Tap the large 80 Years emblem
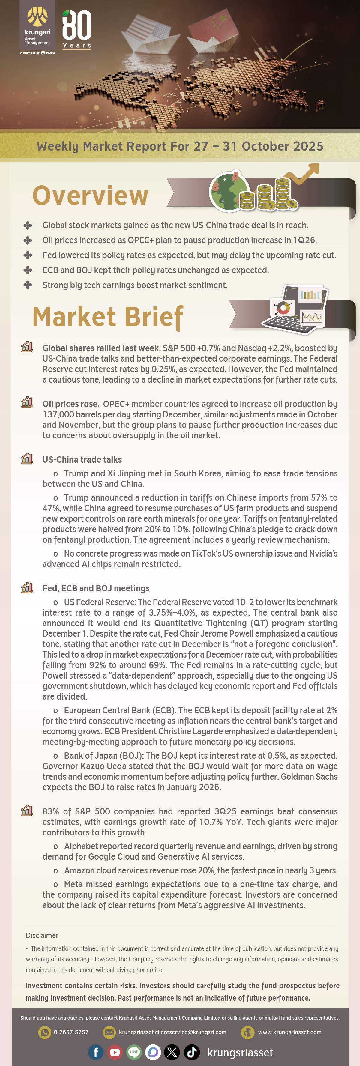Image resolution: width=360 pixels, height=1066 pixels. (77, 29)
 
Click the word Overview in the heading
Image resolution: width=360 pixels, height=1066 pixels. (90, 196)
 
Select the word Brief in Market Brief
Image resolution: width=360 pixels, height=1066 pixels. (154, 317)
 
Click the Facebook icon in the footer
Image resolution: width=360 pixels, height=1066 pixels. (96, 1052)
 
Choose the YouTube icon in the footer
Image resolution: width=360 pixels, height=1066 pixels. (115, 1052)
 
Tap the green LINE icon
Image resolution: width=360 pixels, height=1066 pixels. (134, 1052)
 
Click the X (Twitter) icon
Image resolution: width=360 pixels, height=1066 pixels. (172, 1052)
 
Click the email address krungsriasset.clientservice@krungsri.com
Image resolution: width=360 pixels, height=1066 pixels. (172, 1032)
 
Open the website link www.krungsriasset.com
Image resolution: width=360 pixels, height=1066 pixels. (290, 1032)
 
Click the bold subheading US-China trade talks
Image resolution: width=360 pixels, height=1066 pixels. (82, 460)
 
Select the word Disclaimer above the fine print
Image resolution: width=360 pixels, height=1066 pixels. (42, 935)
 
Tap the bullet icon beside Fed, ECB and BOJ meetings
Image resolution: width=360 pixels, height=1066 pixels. (27, 588)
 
